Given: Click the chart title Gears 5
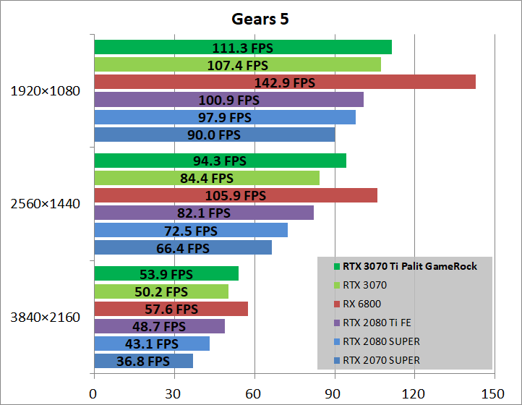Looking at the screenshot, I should [260, 18].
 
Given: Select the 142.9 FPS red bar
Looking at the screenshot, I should [285, 82].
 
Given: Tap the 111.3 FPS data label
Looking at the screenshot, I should [242, 48].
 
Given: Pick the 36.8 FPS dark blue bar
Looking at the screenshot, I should [143, 361].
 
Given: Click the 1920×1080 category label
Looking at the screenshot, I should [46, 91].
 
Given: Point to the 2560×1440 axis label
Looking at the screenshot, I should [46, 204].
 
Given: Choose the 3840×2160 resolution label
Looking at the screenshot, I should [46, 317].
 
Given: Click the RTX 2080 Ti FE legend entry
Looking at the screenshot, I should [373, 323].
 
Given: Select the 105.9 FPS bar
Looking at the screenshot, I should [236, 195].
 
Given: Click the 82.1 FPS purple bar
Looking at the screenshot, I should [204, 213].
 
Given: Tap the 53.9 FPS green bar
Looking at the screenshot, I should [166, 273].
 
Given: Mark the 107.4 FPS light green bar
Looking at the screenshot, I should [237, 64].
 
